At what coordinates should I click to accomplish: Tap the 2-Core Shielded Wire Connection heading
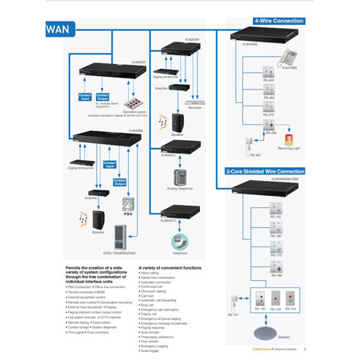264,171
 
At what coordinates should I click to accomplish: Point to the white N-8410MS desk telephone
287,58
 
